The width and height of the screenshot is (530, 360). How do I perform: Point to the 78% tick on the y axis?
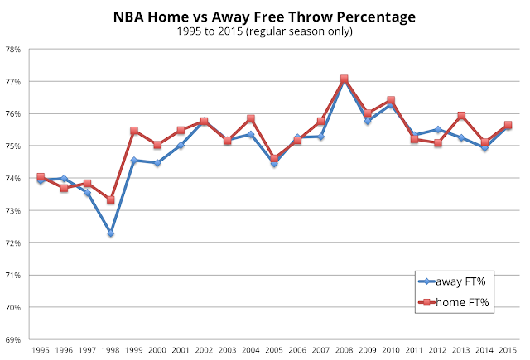[14, 49]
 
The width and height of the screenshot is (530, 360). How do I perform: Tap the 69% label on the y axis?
[14, 339]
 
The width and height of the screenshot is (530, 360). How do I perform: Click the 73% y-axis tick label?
[14, 210]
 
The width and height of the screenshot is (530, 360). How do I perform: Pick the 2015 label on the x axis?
[508, 351]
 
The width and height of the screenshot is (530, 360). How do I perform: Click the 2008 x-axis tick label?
[344, 351]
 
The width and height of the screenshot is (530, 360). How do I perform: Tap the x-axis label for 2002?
[204, 351]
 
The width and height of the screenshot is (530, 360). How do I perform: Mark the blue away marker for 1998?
[110, 233]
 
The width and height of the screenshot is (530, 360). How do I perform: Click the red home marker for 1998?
[110, 199]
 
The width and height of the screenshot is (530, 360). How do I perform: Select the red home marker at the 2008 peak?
[344, 79]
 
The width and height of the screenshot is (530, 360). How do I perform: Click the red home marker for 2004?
[250, 119]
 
